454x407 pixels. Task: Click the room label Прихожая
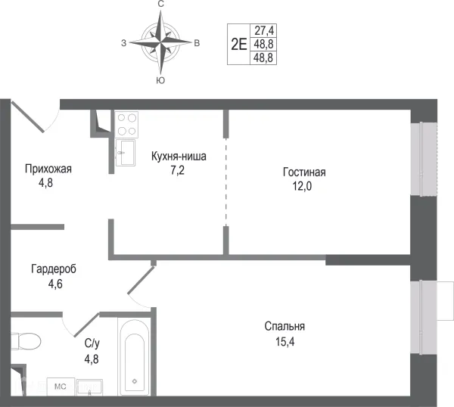tap(48, 169)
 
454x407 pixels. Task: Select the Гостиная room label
tap(305, 172)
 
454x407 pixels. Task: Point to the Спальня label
tap(285, 326)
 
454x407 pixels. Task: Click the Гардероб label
tap(54, 269)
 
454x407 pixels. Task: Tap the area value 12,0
tap(305, 186)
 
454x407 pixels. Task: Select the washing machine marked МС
tap(59, 386)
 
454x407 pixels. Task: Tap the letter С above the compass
tap(160, 5)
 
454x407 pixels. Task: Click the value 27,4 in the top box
tap(264, 31)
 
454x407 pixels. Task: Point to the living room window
tap(424, 157)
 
